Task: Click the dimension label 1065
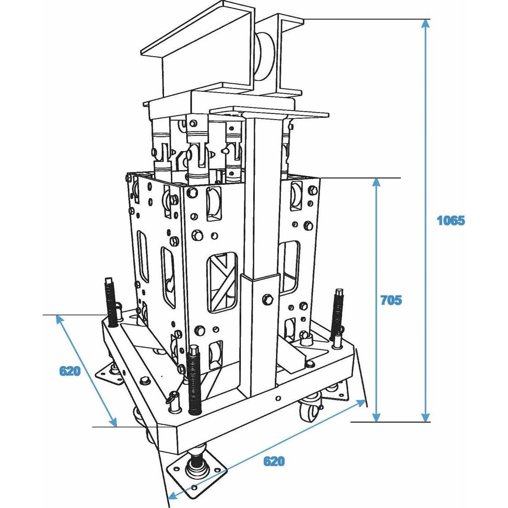pyautogui.click(x=451, y=220)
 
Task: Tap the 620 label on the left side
pyautogui.click(x=70, y=371)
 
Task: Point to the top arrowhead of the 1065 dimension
pyautogui.click(x=426, y=25)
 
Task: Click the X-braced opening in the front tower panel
pyautogui.click(x=221, y=281)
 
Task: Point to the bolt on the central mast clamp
pyautogui.click(x=266, y=299)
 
